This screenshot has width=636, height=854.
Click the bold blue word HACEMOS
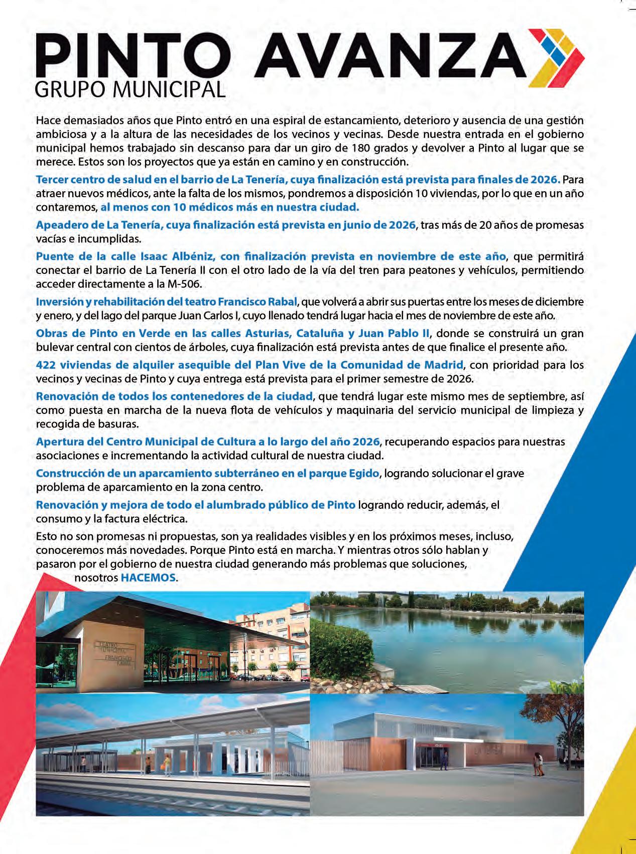coord(149,578)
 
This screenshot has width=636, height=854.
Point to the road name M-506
coord(186,284)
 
